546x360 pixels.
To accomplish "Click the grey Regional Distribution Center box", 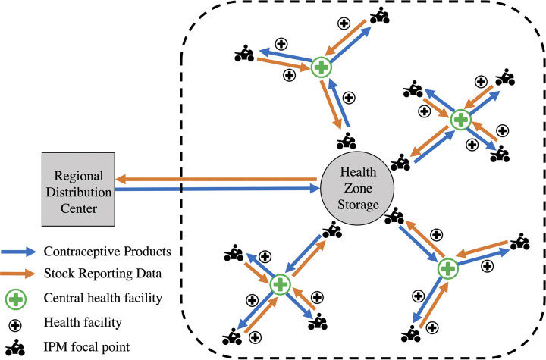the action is pyautogui.click(x=78, y=189).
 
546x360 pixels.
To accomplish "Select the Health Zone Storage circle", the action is pyautogui.click(x=357, y=189).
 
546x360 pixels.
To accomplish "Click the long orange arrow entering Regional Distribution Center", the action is pyautogui.click(x=216, y=180).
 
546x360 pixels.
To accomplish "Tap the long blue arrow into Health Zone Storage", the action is pyautogui.click(x=218, y=189).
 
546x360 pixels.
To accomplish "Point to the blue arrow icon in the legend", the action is pyautogui.click(x=18, y=252).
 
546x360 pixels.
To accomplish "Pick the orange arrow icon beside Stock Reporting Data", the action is pyautogui.click(x=17, y=274).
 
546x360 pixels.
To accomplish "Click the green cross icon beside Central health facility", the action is pyautogui.click(x=16, y=299).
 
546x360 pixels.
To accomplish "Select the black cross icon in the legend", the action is pyautogui.click(x=15, y=326).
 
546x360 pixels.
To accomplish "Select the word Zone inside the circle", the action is pyautogui.click(x=358, y=188).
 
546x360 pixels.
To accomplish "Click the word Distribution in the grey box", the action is pyautogui.click(x=79, y=193).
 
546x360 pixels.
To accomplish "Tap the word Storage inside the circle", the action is pyautogui.click(x=358, y=205).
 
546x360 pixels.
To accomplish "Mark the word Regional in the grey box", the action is pyautogui.click(x=79, y=176).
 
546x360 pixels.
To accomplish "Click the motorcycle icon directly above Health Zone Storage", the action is pyautogui.click(x=347, y=141).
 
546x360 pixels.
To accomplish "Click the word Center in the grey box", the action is pyautogui.click(x=79, y=208).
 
